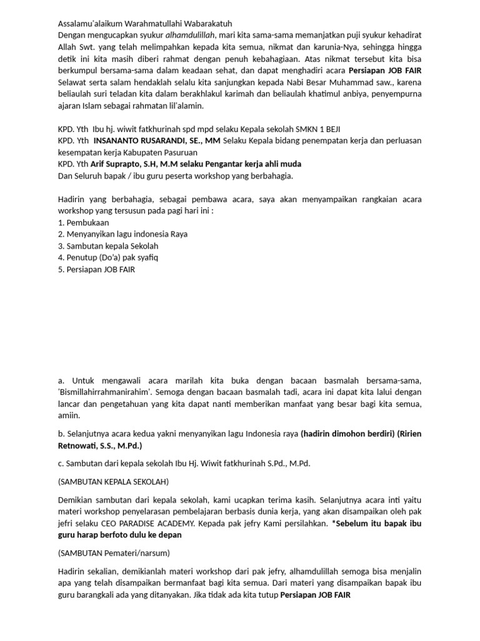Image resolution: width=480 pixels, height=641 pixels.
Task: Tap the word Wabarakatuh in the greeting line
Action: click(206, 24)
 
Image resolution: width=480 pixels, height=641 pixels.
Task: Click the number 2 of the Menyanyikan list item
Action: click(60, 234)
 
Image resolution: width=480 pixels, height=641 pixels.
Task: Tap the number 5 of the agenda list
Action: click(60, 270)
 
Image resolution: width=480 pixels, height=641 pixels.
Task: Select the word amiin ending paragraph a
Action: click(67, 416)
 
